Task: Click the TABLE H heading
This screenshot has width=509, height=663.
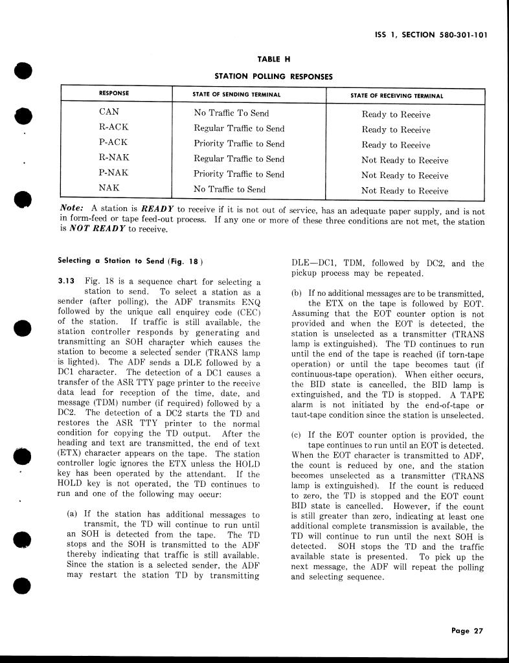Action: click(x=273, y=59)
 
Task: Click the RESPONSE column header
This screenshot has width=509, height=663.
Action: click(x=114, y=95)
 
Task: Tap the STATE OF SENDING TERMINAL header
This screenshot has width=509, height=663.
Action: click(x=236, y=95)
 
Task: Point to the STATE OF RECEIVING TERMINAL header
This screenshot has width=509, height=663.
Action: click(x=396, y=95)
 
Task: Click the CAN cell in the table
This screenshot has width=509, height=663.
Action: click(x=109, y=112)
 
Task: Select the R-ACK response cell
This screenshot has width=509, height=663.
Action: click(x=113, y=128)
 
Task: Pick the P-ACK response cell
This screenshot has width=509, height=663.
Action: click(x=113, y=142)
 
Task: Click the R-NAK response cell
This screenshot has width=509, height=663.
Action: click(x=114, y=158)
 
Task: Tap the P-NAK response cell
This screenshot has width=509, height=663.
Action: click(x=114, y=173)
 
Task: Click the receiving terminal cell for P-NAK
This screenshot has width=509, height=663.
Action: click(x=405, y=175)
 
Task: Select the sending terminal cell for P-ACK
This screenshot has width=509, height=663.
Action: click(x=239, y=144)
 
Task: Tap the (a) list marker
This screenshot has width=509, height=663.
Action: click(x=73, y=514)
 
